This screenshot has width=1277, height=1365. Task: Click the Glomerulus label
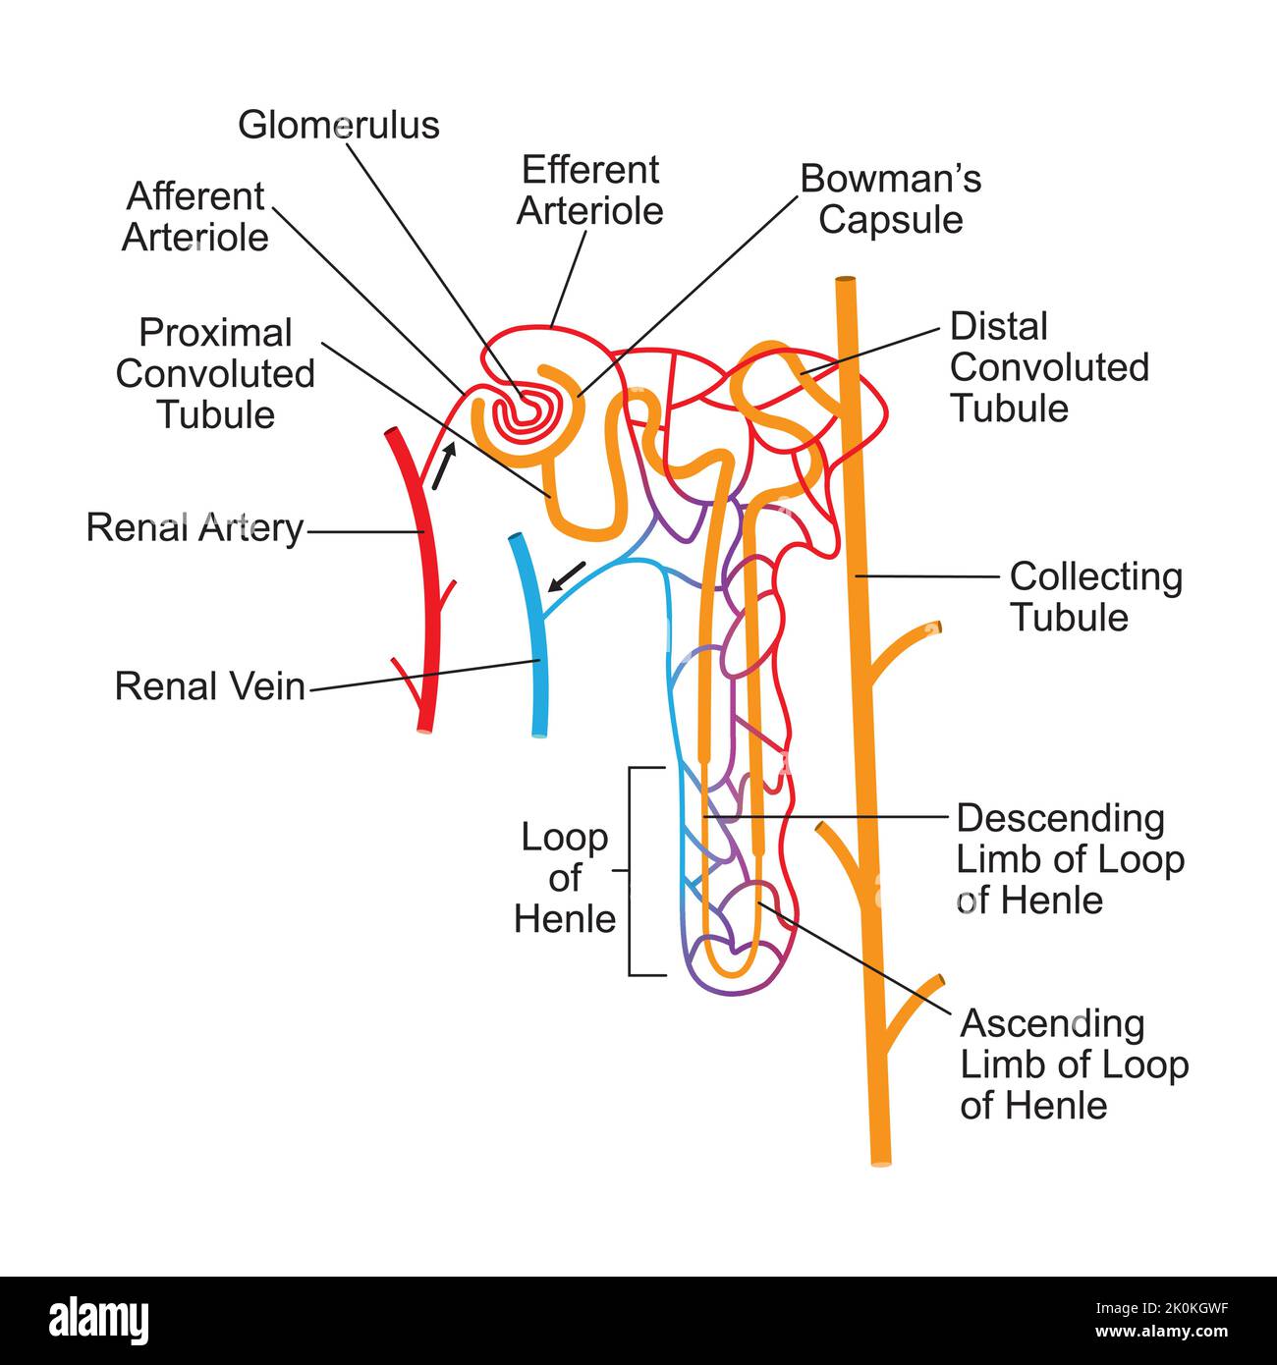point(339,125)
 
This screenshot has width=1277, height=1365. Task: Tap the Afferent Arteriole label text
point(194,217)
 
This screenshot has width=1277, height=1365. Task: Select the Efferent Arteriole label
point(589,191)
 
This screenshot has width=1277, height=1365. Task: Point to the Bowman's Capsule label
point(890,198)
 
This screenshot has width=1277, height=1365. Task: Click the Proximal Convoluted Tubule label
point(215,373)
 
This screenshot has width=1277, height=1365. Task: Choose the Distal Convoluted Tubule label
point(1048,367)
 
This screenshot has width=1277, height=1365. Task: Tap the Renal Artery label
point(194,528)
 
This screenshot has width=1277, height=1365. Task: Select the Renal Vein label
point(209,685)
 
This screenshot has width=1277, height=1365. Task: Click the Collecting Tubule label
point(1095,597)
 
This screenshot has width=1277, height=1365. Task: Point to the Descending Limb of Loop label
point(1070,858)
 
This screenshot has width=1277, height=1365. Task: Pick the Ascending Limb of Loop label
point(1074,1065)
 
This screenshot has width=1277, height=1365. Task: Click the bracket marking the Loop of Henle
point(632,871)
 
